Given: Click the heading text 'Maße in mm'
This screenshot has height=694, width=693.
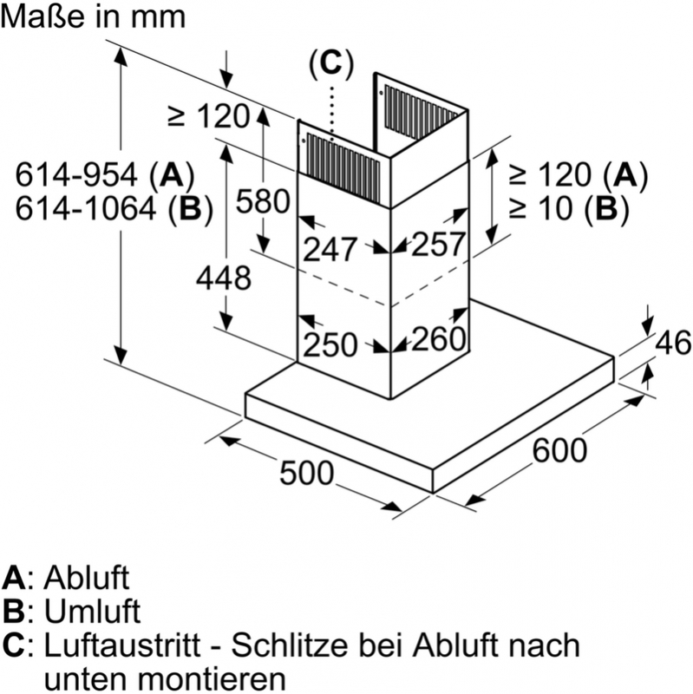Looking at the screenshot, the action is [93, 16].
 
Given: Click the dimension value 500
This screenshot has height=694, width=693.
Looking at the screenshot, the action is [306, 473].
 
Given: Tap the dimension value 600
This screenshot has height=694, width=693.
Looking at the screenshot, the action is [559, 450].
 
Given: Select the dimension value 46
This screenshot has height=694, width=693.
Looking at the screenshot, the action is [673, 343].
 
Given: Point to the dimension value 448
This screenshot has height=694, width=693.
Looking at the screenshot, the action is [224, 278].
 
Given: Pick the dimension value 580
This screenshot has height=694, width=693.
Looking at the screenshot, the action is [263, 201].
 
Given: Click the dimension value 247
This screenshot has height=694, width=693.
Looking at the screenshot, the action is [330, 250].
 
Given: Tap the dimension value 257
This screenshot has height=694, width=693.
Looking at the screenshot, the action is [438, 245].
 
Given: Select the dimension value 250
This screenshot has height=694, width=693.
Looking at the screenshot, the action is [330, 344].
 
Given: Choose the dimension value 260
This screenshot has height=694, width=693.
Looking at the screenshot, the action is [439, 339].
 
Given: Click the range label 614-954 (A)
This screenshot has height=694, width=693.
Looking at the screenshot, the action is [105, 175].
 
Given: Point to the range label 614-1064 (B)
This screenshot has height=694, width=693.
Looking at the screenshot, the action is [114, 208].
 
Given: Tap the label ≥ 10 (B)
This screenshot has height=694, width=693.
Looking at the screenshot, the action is [569, 208].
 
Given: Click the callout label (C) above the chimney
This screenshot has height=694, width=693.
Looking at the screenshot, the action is [331, 63].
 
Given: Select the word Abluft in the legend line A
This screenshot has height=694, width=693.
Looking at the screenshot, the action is [86, 578].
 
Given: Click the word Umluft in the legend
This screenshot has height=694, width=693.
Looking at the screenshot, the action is [92, 612].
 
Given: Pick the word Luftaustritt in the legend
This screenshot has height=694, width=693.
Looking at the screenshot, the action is [122, 645].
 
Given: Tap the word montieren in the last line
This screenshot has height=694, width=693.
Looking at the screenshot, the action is [216, 679].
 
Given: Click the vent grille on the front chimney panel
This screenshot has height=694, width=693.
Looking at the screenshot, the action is [343, 169].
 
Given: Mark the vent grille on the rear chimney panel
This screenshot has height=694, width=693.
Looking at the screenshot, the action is [421, 110].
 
